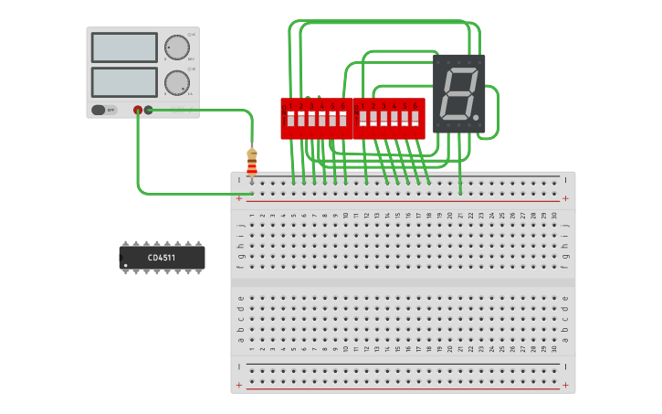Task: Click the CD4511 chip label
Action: point(162,258)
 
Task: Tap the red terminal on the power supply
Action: point(138,110)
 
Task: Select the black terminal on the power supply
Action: point(149,110)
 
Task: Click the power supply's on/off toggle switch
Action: point(104,110)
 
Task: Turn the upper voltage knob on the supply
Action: point(175,48)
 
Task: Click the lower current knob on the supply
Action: point(175,82)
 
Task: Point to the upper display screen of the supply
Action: point(124,48)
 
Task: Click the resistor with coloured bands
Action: point(252,163)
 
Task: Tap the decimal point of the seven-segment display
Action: point(476,117)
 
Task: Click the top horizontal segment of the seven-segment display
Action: point(460,69)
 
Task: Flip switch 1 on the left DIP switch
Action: point(290,119)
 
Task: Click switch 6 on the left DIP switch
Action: point(343,119)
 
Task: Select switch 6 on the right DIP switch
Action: point(415,119)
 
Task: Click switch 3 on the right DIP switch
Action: point(384,119)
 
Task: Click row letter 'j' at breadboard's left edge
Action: point(240,224)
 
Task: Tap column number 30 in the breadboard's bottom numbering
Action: point(554,349)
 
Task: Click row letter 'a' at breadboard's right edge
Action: point(565,340)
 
